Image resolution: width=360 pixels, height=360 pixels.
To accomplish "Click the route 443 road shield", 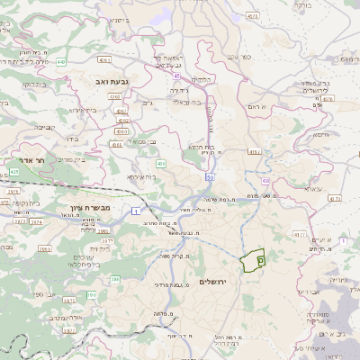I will coord(61,62).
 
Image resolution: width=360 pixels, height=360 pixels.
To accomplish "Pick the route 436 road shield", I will coord(161,163).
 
